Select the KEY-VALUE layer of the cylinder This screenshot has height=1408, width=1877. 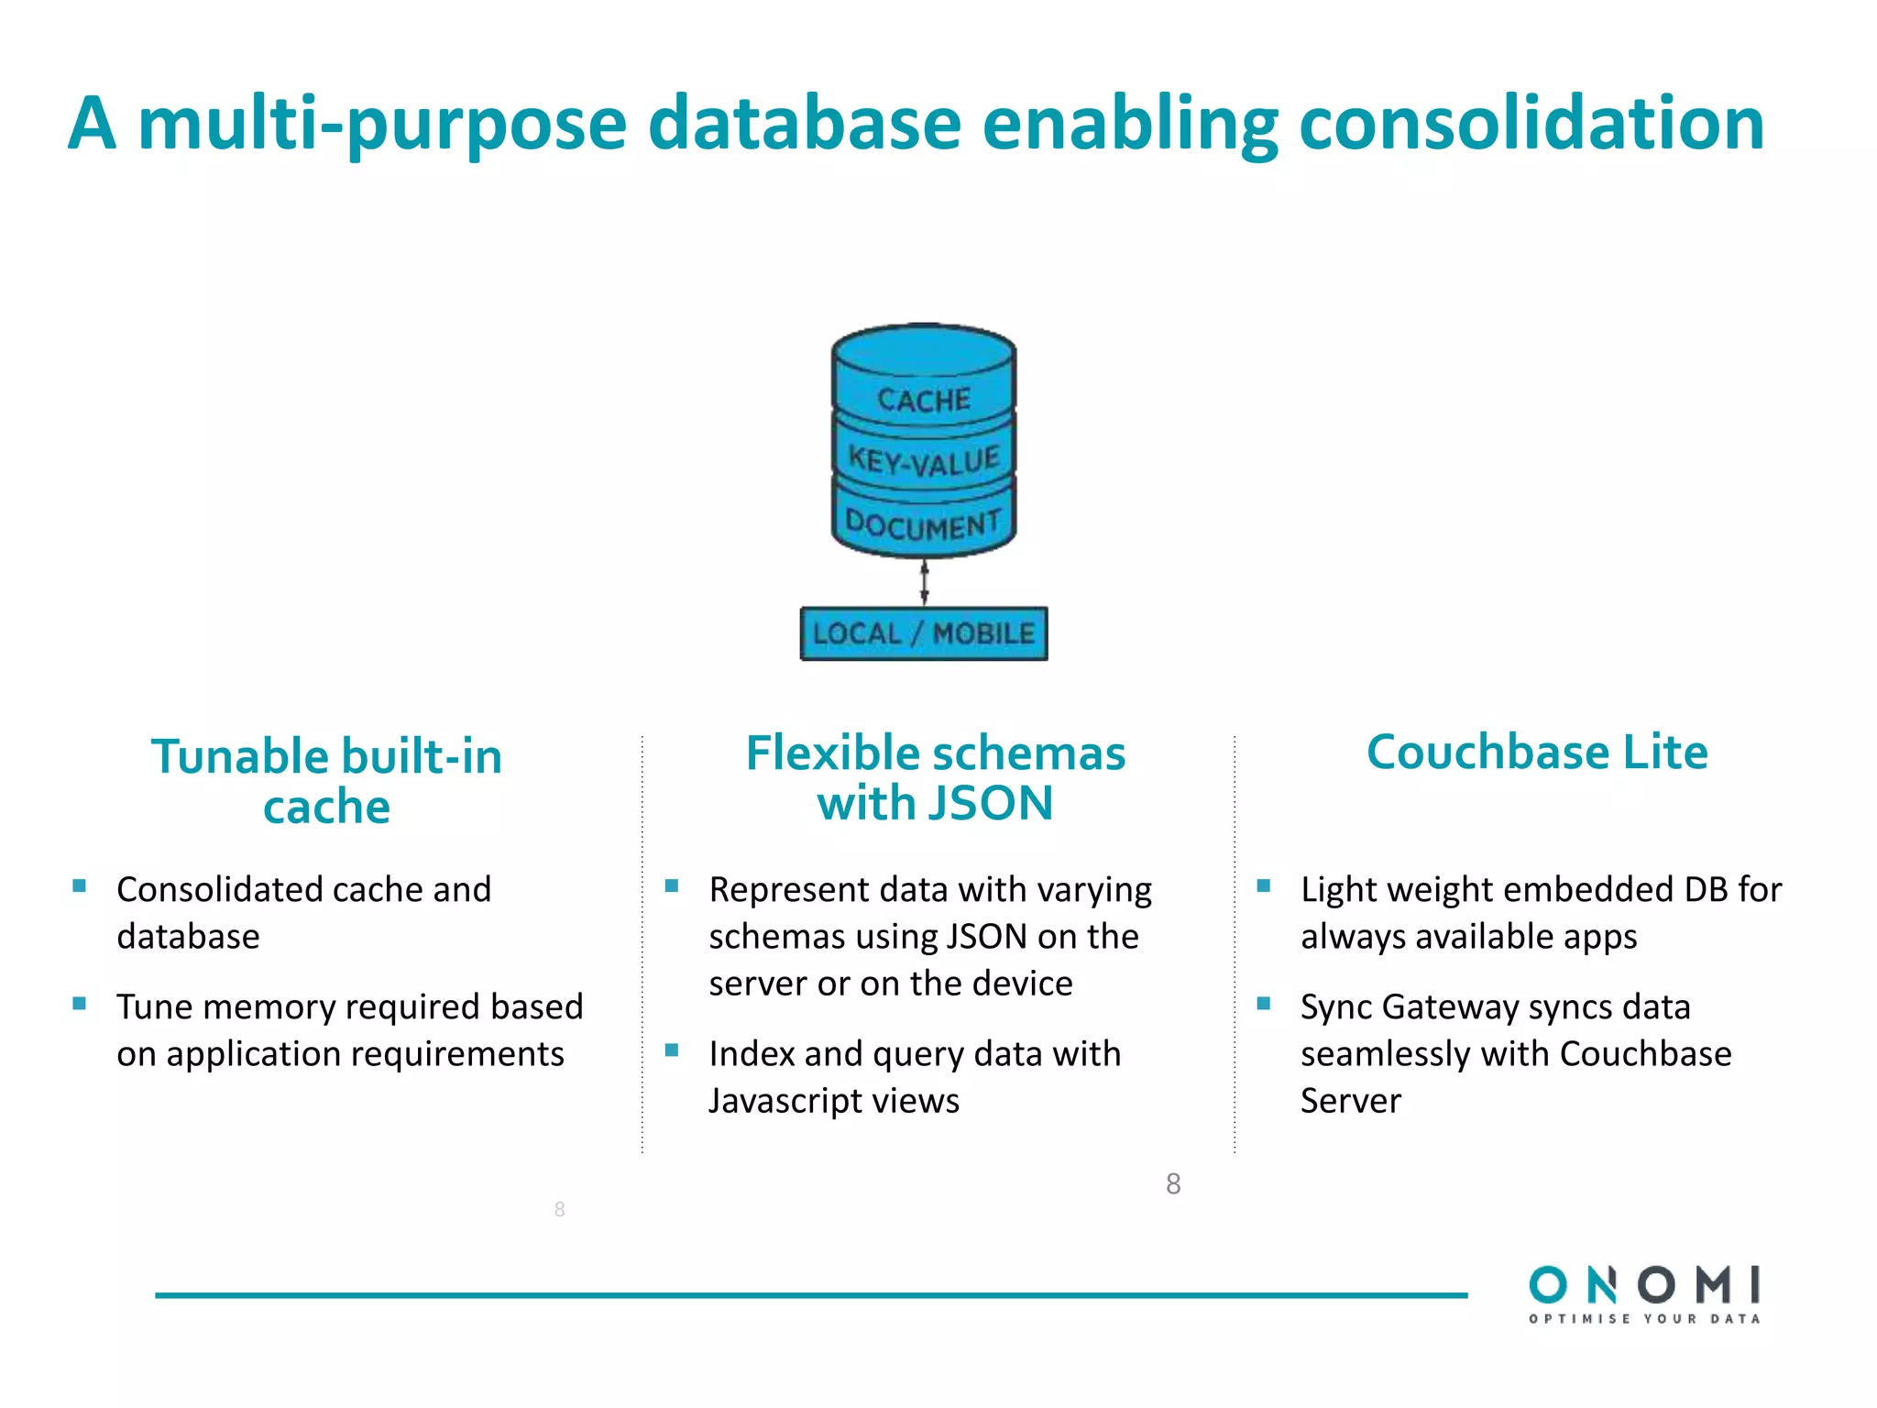923,459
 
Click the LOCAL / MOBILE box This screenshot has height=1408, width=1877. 923,633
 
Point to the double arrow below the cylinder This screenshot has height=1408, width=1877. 924,583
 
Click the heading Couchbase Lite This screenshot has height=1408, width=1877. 1536,753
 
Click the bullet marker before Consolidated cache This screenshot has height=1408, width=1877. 80,886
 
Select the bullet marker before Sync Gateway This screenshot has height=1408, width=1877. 1264,1004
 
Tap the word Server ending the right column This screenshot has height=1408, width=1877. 1350,1101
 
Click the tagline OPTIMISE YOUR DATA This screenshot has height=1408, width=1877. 1644,1319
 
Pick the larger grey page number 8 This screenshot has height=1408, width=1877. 1173,1184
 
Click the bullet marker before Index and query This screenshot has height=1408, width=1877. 672,1050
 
